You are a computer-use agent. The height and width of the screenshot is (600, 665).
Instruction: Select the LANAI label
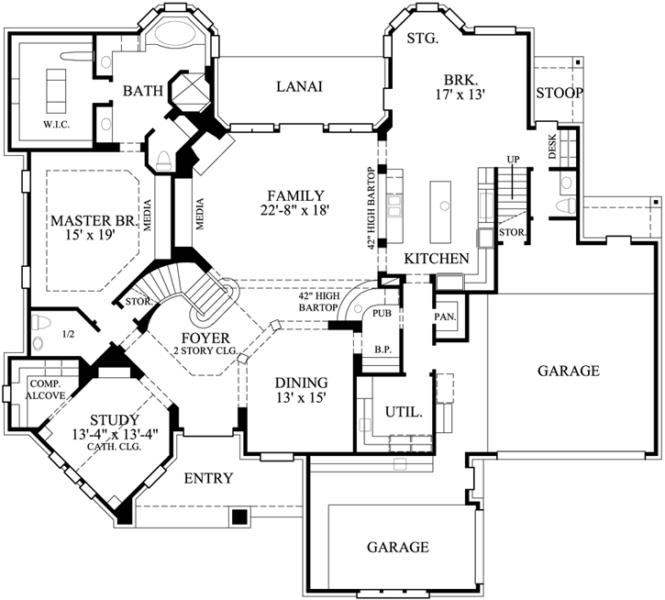(299, 86)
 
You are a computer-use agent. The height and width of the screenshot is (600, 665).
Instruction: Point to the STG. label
(422, 39)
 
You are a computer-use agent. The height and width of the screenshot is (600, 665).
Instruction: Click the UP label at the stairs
(514, 160)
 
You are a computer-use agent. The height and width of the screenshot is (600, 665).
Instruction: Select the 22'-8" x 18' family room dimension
(294, 210)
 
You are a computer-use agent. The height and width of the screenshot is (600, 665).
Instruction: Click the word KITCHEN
(438, 259)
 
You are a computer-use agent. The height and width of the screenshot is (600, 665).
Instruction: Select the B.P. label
(382, 349)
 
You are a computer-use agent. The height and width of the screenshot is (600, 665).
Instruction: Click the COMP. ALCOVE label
(45, 389)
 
